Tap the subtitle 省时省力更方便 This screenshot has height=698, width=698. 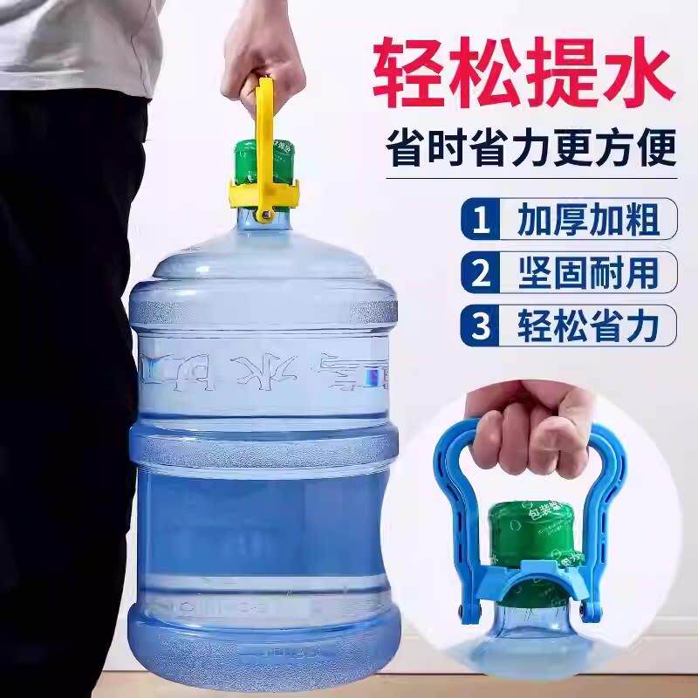(x=531, y=147)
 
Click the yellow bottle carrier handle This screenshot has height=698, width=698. (x=266, y=131)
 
